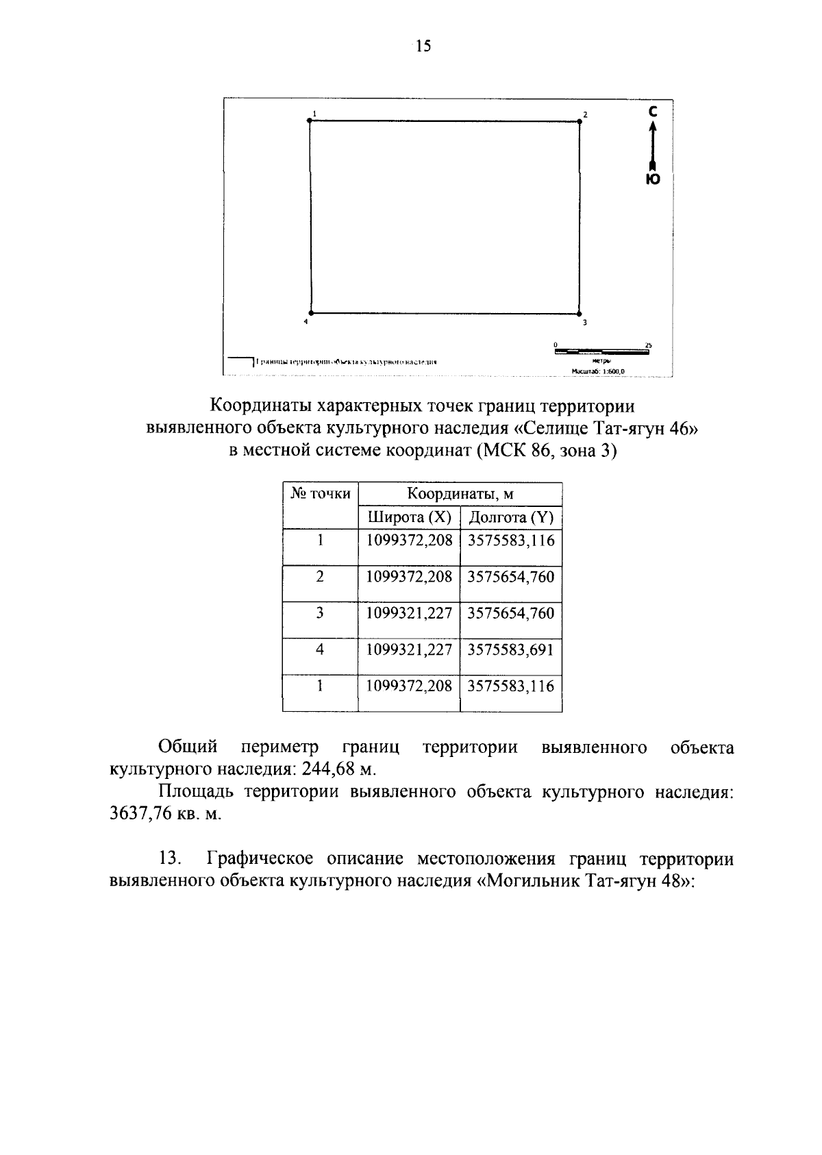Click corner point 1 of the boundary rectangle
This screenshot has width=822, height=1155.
[x=310, y=121]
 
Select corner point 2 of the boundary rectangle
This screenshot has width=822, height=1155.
[x=580, y=121]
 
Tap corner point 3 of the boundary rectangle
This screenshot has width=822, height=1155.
[x=580, y=313]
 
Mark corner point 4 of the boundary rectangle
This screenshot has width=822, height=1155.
[x=310, y=313]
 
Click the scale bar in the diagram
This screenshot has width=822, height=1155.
[x=602, y=351]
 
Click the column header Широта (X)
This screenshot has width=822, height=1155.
[x=409, y=517]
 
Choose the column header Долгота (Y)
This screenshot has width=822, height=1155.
[x=510, y=517]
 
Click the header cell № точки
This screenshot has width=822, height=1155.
[x=321, y=493]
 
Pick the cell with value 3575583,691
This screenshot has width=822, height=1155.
[x=510, y=649]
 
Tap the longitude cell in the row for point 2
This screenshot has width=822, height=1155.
[x=510, y=577]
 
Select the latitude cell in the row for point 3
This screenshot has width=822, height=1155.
[x=409, y=613]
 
